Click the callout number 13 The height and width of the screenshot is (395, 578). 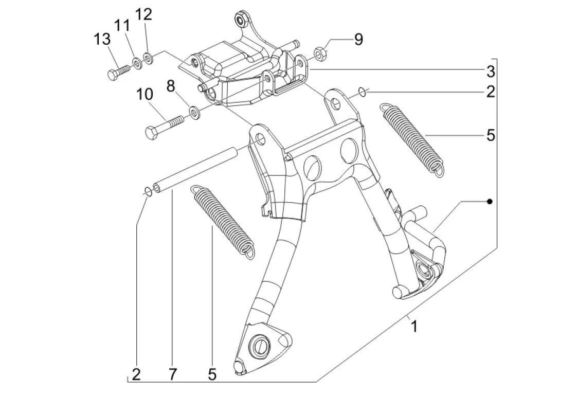point(101,39)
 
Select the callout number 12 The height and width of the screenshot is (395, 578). point(144,15)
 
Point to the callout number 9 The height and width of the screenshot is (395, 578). point(358,40)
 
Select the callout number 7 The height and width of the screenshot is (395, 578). point(172,374)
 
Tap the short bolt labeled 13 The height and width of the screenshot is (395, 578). point(118,71)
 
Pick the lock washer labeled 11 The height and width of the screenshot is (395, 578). point(137,63)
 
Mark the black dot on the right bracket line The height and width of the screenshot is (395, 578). point(490,202)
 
